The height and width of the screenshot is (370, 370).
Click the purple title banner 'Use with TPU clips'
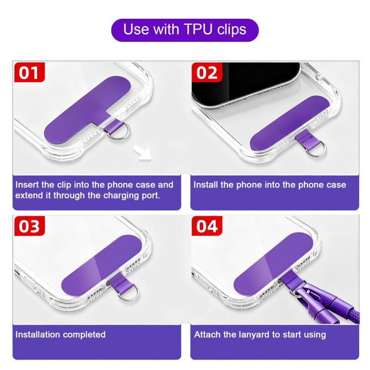click(x=185, y=30)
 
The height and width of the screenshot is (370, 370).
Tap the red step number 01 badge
click(x=29, y=72)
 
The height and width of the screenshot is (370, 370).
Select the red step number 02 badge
click(x=207, y=72)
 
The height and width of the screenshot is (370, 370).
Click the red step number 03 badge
click(x=29, y=226)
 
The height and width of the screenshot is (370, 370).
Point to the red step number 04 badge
click(x=207, y=226)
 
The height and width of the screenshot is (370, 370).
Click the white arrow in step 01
click(x=142, y=152)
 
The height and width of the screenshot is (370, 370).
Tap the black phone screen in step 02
click(x=245, y=82)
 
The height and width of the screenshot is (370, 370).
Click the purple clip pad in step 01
click(x=87, y=109)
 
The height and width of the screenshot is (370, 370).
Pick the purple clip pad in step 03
click(x=102, y=265)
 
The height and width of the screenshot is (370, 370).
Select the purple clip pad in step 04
click(x=273, y=264)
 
